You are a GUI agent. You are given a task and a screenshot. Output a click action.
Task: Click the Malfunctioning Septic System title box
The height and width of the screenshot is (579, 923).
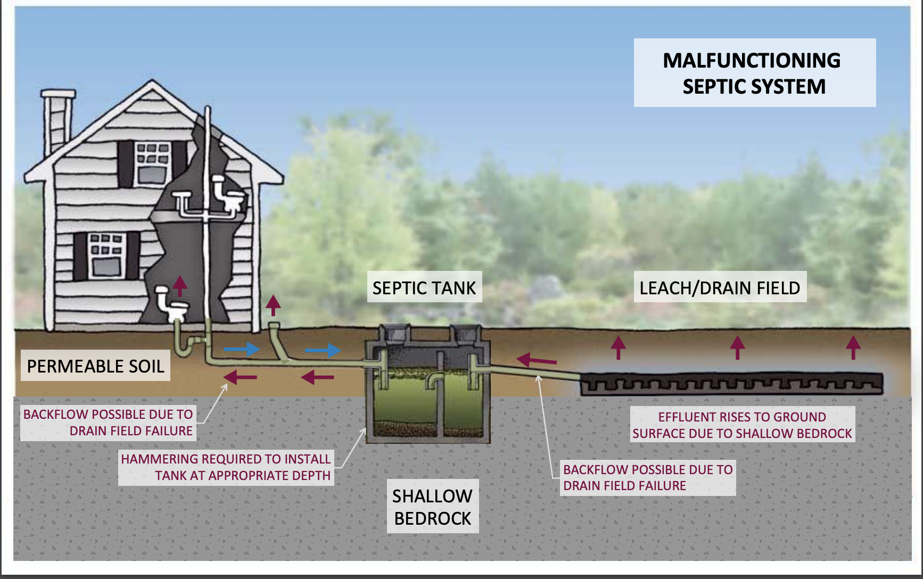pyautogui.click(x=754, y=73)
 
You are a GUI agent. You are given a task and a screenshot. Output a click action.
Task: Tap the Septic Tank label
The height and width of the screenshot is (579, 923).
pyautogui.click(x=424, y=288)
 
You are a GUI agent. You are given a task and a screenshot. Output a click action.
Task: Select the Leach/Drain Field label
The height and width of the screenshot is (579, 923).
pyautogui.click(x=720, y=288)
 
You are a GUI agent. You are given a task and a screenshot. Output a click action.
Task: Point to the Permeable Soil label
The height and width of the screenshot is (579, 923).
pyautogui.click(x=95, y=366)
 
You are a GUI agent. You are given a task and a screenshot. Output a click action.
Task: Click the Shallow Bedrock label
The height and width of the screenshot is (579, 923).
pyautogui.click(x=432, y=507)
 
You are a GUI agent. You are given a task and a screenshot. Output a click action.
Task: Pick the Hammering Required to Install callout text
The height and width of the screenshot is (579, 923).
pyautogui.click(x=226, y=467)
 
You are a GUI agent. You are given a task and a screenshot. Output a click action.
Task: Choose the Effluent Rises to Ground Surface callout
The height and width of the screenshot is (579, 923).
pyautogui.click(x=742, y=425)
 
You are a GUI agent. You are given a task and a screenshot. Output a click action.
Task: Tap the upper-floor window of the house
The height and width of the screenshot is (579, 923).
pyautogui.click(x=152, y=163)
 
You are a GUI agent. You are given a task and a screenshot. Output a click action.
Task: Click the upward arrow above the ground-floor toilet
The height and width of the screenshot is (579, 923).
pyautogui.click(x=180, y=285)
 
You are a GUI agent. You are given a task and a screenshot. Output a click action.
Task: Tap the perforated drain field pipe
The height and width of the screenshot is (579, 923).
pyautogui.click(x=731, y=383)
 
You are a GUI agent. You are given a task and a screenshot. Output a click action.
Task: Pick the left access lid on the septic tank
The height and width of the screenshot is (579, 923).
pyautogui.click(x=394, y=334)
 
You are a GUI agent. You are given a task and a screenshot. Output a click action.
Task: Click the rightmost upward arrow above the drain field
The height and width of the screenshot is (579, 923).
pyautogui.click(x=853, y=347)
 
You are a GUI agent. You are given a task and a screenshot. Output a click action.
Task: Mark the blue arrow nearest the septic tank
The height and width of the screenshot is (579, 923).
pyautogui.click(x=323, y=350)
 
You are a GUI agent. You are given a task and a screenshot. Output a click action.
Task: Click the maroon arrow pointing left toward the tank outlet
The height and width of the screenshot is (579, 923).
pyautogui.click(x=537, y=360)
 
